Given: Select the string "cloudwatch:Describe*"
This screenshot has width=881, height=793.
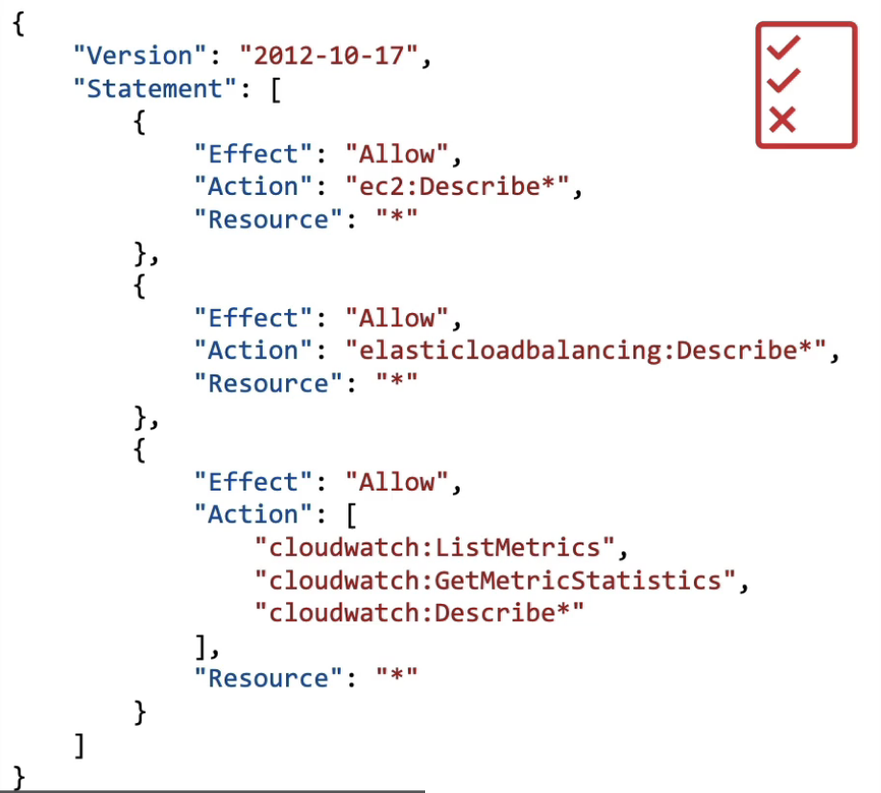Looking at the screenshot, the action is (418, 613).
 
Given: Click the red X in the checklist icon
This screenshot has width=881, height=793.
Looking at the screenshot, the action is (783, 120).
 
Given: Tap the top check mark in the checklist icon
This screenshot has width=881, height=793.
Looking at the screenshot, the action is (784, 46).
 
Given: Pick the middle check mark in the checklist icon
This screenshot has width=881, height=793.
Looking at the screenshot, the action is (784, 80).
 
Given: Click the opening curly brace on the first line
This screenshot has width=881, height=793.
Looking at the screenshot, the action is (18, 24).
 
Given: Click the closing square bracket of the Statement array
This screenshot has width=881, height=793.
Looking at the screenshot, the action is (81, 744).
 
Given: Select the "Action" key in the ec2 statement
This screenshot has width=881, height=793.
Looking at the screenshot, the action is (247, 186).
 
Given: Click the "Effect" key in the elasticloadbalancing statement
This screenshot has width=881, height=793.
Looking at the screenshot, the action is (247, 318).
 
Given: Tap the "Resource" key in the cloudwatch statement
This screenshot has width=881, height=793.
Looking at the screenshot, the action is (261, 678).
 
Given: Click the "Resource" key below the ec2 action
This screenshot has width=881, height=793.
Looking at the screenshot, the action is (261, 219).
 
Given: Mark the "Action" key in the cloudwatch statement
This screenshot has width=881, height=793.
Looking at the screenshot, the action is (247, 515).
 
